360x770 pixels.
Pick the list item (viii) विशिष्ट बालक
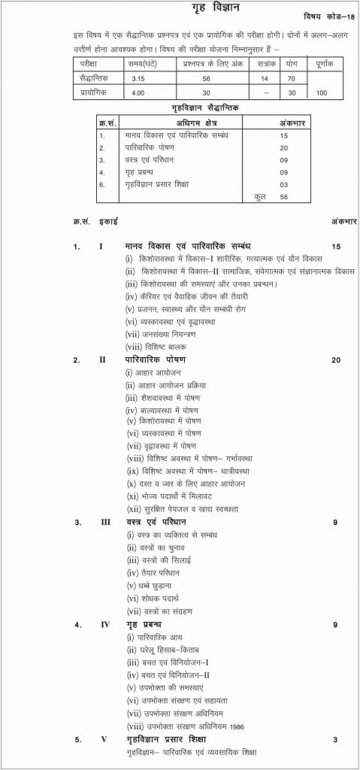click(x=157, y=347)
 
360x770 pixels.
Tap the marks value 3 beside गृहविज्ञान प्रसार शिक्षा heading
click(x=334, y=740)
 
